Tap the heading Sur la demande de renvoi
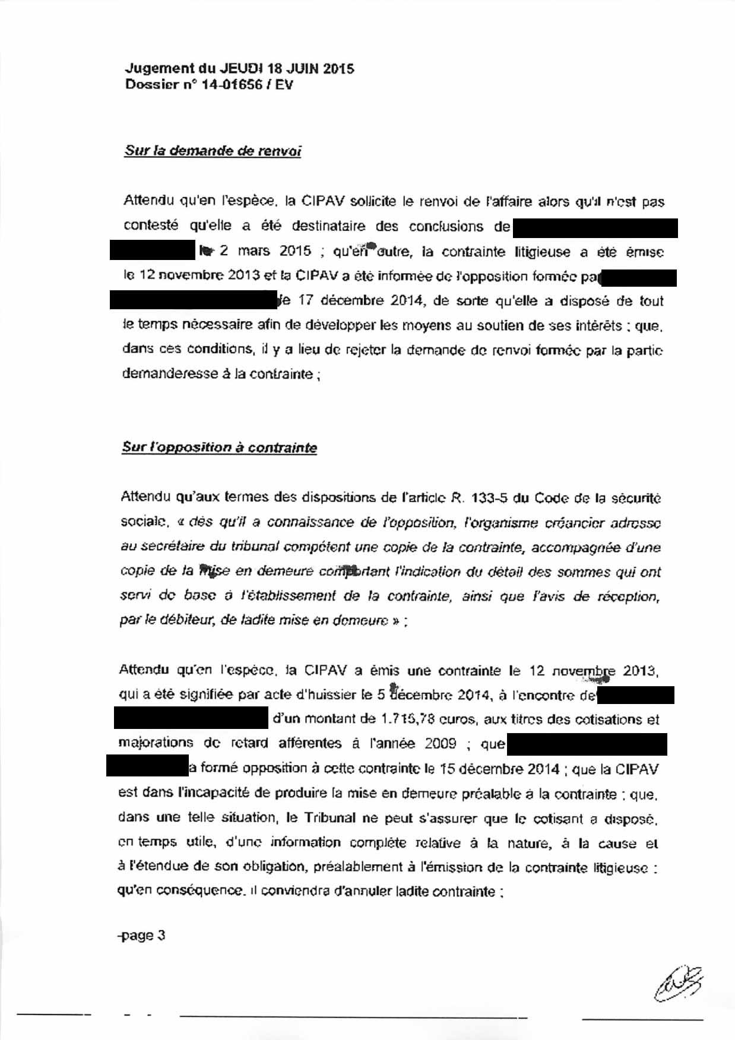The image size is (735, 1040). [x=213, y=151]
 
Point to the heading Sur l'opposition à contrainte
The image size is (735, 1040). [x=219, y=448]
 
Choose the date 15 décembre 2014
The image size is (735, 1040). [x=499, y=769]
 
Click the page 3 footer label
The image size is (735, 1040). [x=142, y=936]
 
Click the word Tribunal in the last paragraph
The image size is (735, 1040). [x=330, y=818]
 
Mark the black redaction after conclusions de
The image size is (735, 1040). [x=595, y=228]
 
